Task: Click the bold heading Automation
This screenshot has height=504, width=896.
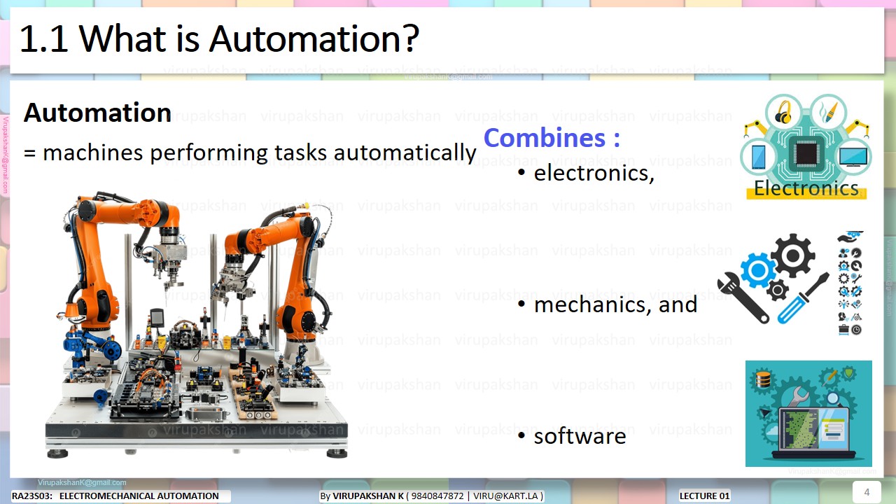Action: point(97,113)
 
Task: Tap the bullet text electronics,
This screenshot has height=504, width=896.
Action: point(594,173)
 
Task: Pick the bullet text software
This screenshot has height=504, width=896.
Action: point(580,436)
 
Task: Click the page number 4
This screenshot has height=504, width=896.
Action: point(867,492)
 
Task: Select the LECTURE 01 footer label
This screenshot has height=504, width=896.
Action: point(704,496)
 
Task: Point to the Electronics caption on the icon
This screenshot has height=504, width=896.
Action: point(806,188)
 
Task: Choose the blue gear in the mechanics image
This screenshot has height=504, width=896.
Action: point(758,270)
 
